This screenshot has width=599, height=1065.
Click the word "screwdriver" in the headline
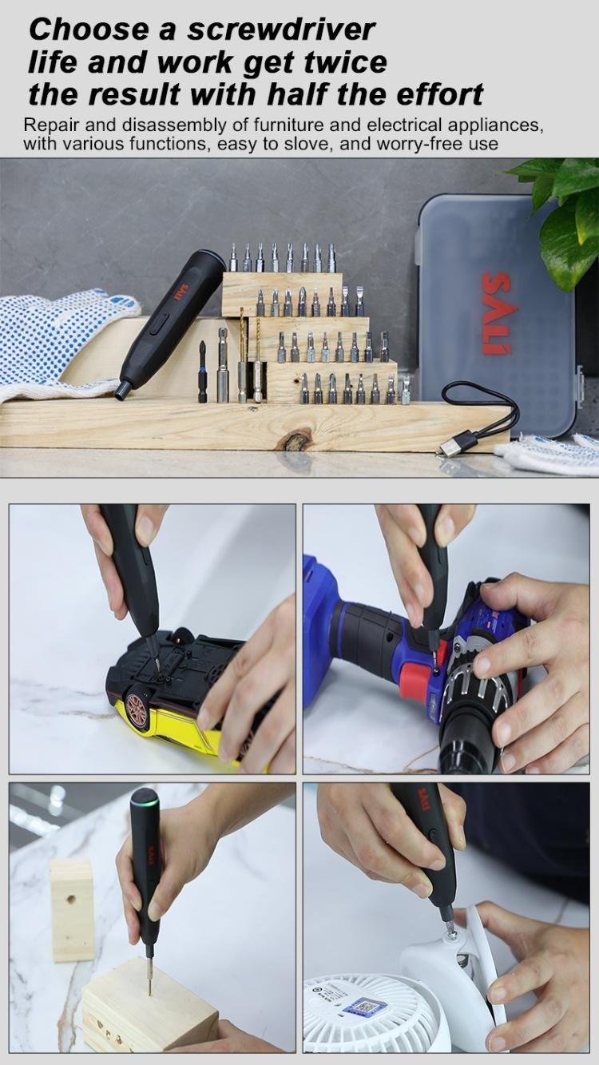[281, 30]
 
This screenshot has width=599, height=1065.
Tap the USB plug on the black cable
[452, 446]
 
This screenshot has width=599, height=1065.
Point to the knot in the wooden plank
[297, 439]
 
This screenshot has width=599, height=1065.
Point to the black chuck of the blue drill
[467, 743]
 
